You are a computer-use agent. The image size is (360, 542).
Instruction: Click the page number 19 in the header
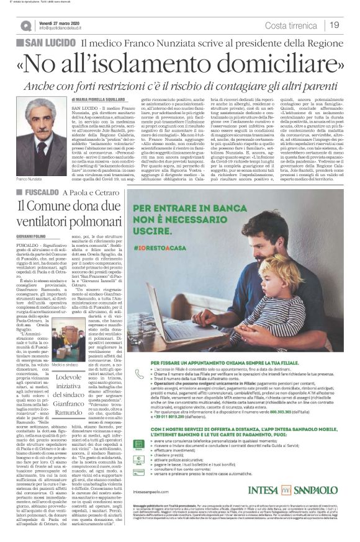pyautogui.click(x=334, y=25)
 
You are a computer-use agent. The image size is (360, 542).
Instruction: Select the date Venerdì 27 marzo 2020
pyautogui.click(x=60, y=21)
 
